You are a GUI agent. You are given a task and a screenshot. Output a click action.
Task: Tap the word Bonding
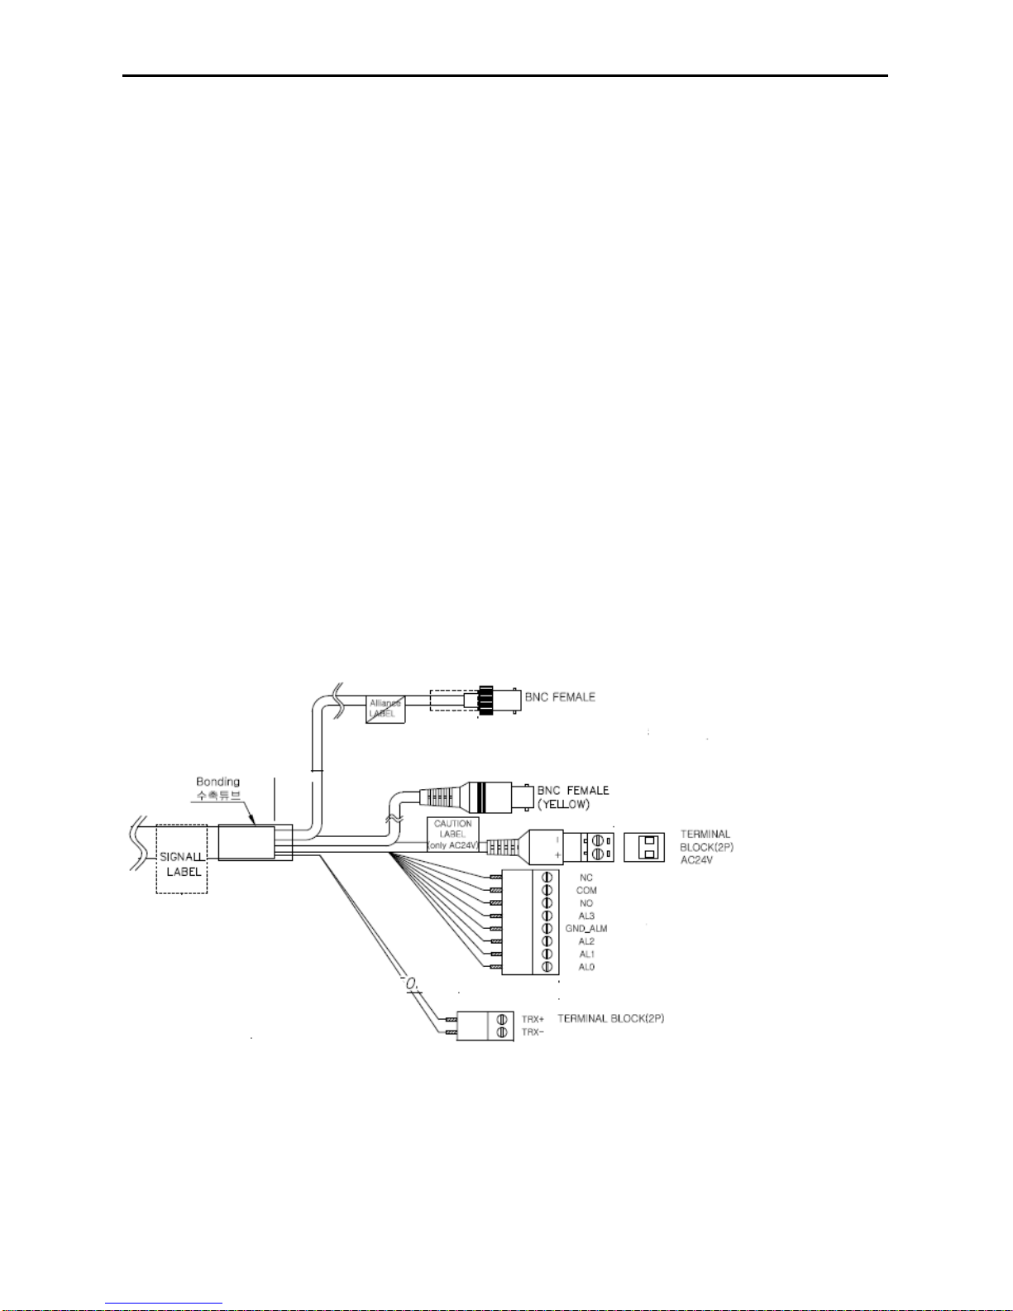tap(217, 782)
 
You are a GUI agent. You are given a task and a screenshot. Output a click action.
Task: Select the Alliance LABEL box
tap(385, 709)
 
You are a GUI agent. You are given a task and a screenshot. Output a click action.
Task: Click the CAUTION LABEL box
tap(453, 835)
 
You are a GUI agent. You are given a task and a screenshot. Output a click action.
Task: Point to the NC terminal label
tap(586, 878)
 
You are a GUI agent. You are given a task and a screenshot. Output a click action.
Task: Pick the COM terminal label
tap(586, 891)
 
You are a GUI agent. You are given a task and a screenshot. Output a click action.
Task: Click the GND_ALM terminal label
tap(586, 929)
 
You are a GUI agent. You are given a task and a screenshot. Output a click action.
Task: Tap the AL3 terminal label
tap(586, 916)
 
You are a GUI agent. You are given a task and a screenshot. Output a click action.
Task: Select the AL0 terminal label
tap(586, 967)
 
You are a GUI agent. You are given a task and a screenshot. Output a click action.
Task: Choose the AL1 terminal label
tap(586, 955)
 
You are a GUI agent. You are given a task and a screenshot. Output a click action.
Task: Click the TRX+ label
tap(533, 1019)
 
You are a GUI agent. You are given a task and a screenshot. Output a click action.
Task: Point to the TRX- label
tap(533, 1032)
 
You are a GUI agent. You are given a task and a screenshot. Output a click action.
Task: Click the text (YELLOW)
tap(563, 804)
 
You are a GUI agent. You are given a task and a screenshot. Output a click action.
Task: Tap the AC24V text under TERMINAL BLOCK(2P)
tap(696, 860)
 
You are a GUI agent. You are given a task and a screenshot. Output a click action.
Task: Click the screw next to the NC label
tap(547, 878)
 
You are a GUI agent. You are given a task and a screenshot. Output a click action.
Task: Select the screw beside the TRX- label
tap(502, 1032)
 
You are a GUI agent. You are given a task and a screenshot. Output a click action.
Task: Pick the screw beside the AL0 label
tap(547, 967)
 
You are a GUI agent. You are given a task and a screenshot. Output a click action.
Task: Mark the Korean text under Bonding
tap(218, 796)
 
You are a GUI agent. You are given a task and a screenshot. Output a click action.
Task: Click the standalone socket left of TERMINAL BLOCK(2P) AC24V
tap(644, 847)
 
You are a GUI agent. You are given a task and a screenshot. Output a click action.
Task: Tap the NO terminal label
tap(586, 903)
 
